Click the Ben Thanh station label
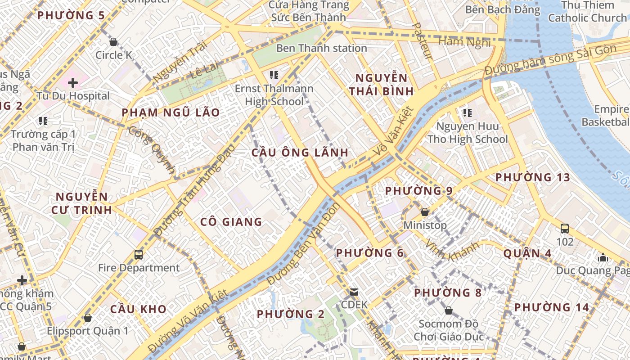[x=321, y=48]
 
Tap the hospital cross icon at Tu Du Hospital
[x=73, y=83]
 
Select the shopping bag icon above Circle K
[x=113, y=42]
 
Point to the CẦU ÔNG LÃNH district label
[x=300, y=153]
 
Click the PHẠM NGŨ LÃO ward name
[x=171, y=112]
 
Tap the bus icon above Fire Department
[x=139, y=255]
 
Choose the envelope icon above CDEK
[x=354, y=292]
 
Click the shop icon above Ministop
[x=424, y=211]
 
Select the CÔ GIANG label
[x=231, y=221]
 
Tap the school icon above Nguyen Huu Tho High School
[x=467, y=112]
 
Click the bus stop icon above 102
[x=565, y=229]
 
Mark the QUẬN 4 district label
[x=527, y=253]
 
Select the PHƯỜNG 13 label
[x=532, y=177]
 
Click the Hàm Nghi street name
[x=464, y=42]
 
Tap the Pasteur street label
[x=422, y=40]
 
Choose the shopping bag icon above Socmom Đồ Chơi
[x=448, y=310]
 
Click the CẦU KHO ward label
[x=138, y=309]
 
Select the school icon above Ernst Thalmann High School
[x=274, y=74]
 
